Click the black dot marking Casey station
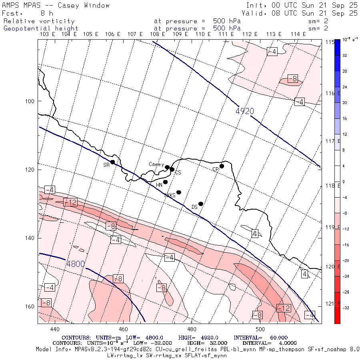tap(167, 167)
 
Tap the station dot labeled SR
tap(112, 162)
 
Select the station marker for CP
tap(222, 166)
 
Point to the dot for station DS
tap(201, 204)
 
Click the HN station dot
tap(165, 182)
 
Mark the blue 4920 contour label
tap(245, 111)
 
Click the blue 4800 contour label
tap(76, 264)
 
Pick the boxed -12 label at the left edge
tap(70, 202)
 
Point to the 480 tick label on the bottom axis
tap(192, 329)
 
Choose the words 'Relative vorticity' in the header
tap(39, 21)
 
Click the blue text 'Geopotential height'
tap(41, 28)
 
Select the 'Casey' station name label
tap(156, 164)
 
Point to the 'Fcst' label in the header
tap(11, 13)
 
